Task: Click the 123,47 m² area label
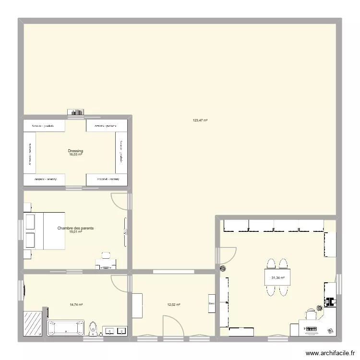coord(200,121)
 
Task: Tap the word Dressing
coord(75,151)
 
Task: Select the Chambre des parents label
coord(75,228)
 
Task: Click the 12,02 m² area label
coord(173,304)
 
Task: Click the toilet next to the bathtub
coord(94,329)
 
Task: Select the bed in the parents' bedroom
coord(44,231)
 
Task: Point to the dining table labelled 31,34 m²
coord(277,277)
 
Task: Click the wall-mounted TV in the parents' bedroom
coord(125,232)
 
